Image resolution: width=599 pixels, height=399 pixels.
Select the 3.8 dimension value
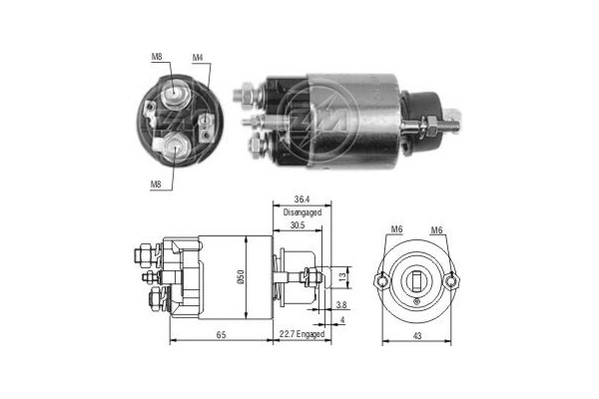click(x=340, y=304)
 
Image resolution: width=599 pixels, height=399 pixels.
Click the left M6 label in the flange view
click(x=395, y=231)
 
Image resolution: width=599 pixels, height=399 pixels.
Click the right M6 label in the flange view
click(x=436, y=231)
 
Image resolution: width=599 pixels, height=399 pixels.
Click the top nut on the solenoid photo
click(x=243, y=96)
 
